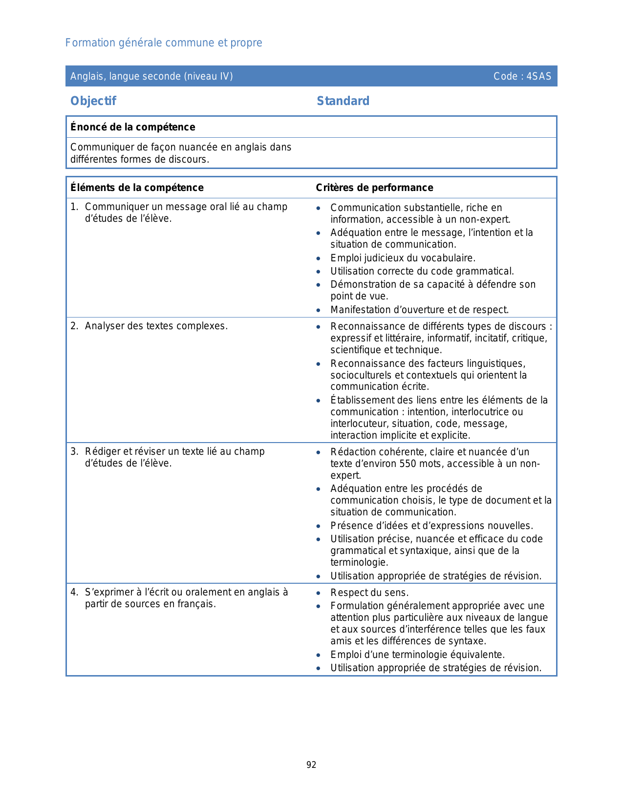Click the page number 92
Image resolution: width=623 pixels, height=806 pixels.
311,765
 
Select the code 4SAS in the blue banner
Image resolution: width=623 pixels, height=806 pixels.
539,76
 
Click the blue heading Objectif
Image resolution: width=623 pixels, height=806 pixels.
93,101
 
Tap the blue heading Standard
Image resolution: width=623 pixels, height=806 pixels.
343,101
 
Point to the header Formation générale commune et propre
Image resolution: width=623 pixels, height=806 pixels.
164,43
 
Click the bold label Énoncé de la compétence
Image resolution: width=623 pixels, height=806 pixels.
133,127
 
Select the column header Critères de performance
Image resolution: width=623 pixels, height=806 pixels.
374,188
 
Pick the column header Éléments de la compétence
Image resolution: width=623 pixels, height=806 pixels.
137,188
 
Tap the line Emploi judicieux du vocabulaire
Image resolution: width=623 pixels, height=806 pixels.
403,258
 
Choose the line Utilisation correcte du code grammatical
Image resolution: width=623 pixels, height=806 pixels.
422,271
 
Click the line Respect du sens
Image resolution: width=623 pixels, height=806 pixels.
369,593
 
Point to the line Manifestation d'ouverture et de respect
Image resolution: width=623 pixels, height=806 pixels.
420,310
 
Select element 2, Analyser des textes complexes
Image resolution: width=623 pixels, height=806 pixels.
156,326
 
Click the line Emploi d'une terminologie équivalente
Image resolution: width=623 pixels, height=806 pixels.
417,655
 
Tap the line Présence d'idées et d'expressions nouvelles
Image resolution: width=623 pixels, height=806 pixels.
431,526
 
